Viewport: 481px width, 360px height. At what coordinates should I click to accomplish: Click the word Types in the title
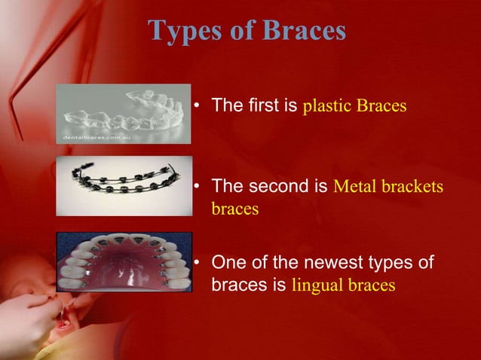click(x=179, y=31)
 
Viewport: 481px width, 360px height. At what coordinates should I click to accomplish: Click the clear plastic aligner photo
click(x=124, y=113)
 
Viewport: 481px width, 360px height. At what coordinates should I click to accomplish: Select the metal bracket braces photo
click(x=124, y=186)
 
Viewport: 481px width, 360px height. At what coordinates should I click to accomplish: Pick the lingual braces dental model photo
click(x=124, y=261)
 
